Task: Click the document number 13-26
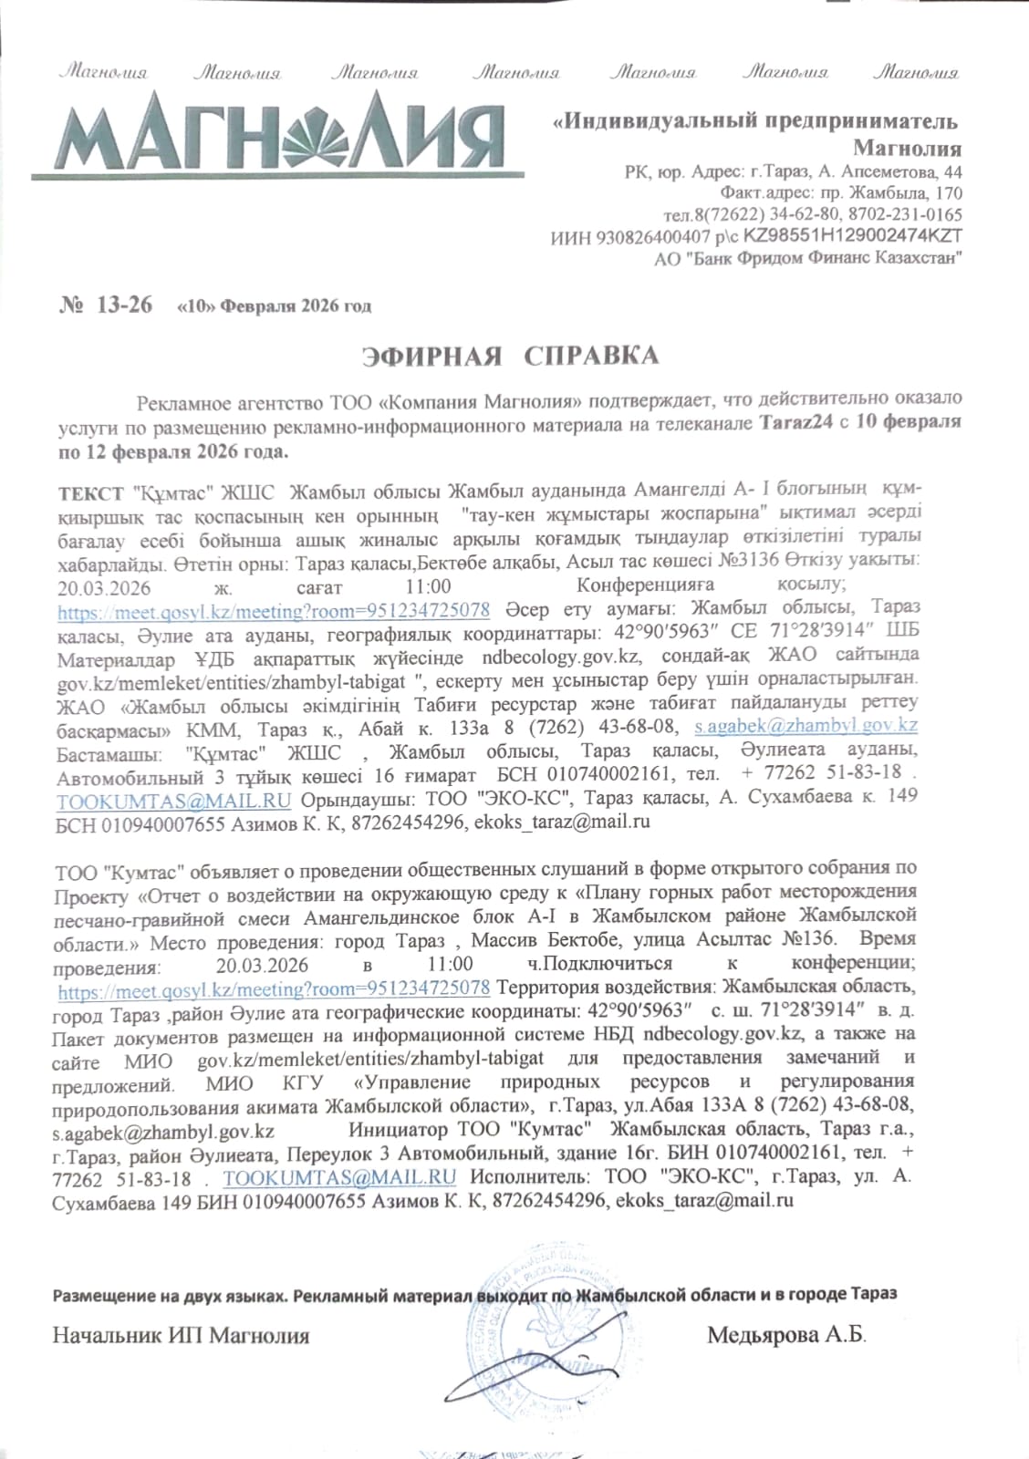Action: click(x=122, y=305)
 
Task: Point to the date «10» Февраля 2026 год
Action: click(x=274, y=306)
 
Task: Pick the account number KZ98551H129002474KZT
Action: click(x=853, y=236)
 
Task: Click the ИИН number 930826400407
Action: click(x=653, y=237)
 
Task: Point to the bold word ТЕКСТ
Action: click(x=90, y=492)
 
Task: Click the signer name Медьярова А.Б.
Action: click(x=786, y=1336)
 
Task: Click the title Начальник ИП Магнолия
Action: click(x=182, y=1337)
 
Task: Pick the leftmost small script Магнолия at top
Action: click(x=103, y=73)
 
